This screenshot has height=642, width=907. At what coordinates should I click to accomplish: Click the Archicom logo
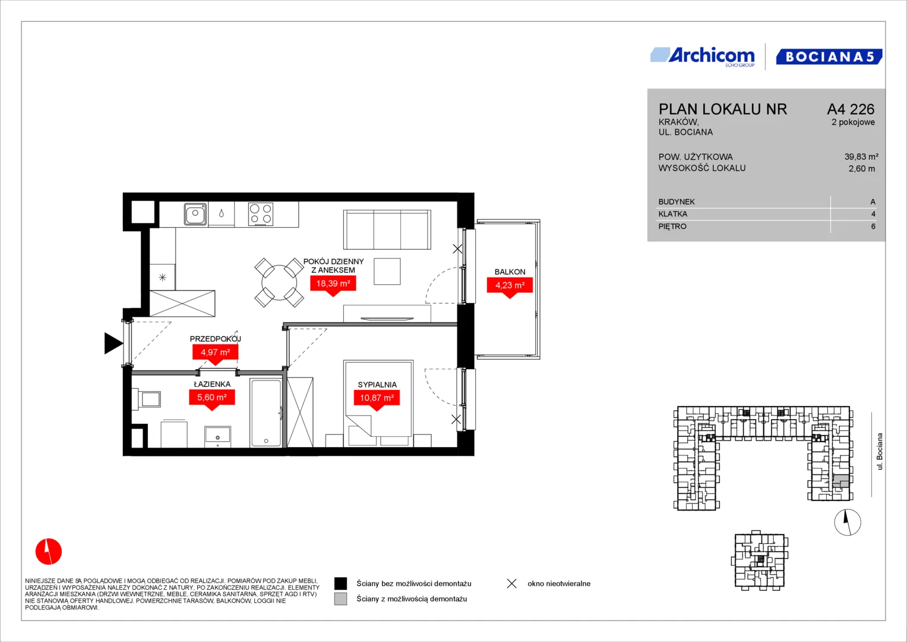coord(703,56)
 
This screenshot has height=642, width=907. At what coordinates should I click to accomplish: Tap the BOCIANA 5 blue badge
coord(829,56)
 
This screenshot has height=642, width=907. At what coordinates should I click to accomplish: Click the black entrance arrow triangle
coord(113,344)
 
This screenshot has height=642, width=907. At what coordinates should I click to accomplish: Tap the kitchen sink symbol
coord(195,213)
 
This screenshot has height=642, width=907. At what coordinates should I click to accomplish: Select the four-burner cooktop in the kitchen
coord(260,214)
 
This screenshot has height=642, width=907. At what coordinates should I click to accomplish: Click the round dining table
coord(279,282)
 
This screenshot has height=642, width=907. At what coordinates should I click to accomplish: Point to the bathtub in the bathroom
coord(266,413)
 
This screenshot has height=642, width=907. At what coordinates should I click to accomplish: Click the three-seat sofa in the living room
coord(387,229)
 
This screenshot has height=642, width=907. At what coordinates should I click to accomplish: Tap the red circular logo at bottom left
coord(49,551)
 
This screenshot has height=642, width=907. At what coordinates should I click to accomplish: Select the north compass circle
coord(848,523)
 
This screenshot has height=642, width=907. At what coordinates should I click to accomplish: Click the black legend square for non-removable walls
coord(340,584)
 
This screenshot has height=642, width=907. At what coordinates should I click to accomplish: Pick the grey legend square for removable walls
coord(340,599)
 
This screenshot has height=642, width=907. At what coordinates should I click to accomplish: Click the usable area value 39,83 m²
coord(861,157)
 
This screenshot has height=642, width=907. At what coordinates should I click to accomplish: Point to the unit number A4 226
coord(851,109)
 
